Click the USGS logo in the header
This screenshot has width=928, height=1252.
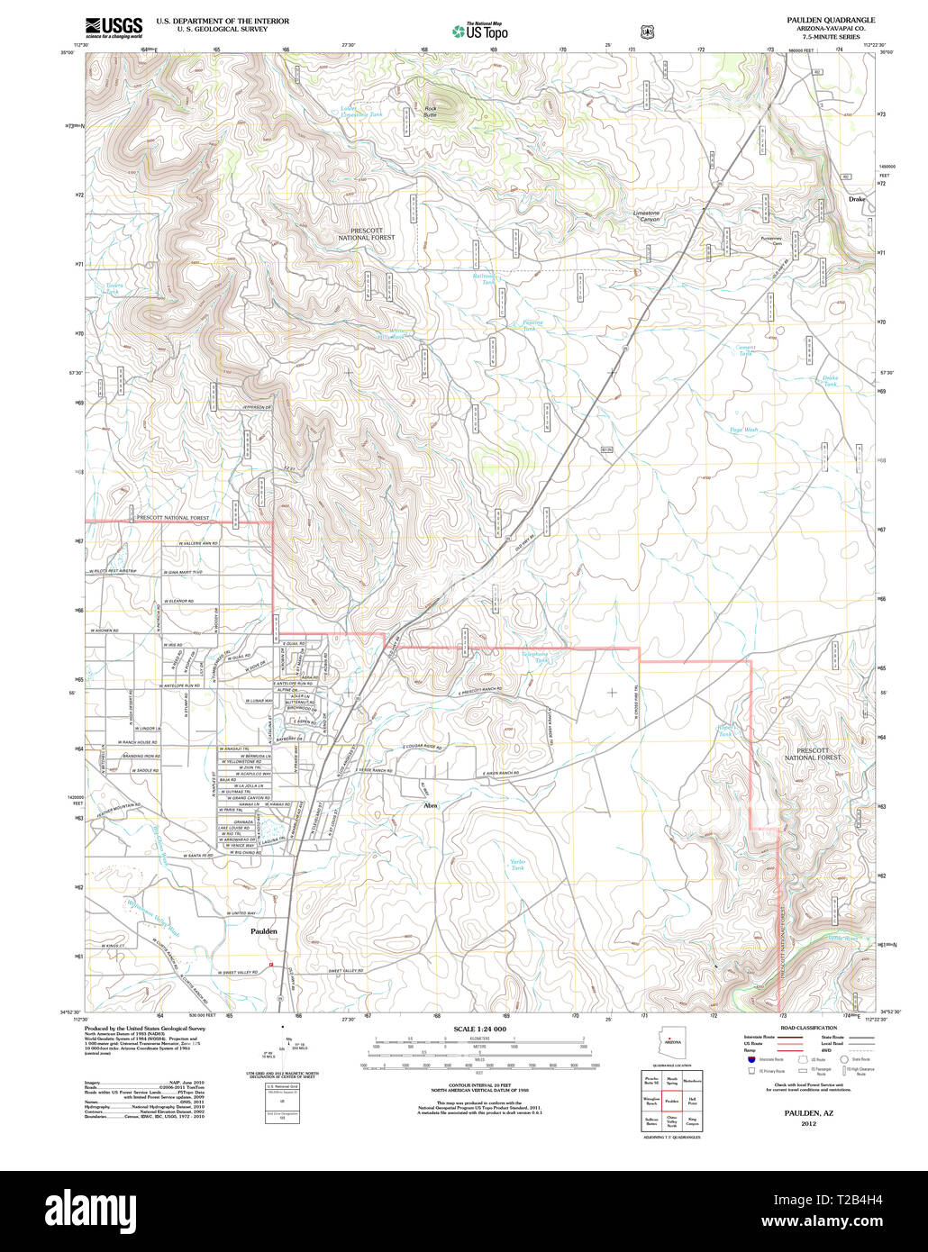tap(114, 27)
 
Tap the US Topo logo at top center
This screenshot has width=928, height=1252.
tap(480, 31)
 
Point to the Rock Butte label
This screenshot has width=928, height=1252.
tap(430, 112)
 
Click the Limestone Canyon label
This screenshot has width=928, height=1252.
tap(645, 216)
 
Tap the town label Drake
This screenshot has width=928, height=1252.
tap(857, 199)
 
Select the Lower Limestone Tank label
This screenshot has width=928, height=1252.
tap(360, 112)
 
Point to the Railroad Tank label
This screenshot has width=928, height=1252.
tap(486, 279)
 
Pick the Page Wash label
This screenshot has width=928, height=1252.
tap(743, 431)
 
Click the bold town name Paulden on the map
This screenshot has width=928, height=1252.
tap(263, 932)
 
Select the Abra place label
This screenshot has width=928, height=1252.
tap(430, 805)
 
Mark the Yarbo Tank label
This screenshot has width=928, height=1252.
tap(517, 865)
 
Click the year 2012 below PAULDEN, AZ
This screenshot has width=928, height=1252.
tap(803, 1123)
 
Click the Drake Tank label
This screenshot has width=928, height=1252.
tap(830, 381)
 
